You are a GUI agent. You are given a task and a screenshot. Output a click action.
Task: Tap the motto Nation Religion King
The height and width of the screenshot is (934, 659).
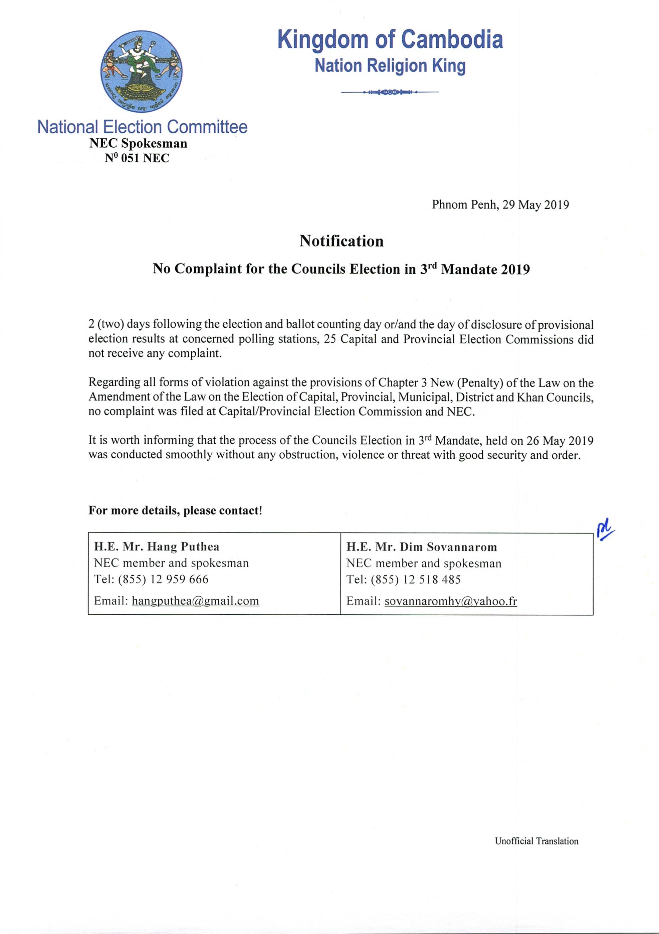tap(390, 66)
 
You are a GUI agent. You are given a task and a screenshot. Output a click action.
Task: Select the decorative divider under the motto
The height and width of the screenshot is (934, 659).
tap(390, 92)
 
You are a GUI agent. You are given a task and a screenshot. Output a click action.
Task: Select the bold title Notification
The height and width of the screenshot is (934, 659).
tap(341, 241)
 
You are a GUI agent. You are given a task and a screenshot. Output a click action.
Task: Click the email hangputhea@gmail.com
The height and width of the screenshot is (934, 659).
tap(195, 601)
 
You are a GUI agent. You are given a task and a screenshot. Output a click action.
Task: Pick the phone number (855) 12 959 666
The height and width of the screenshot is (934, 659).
tap(163, 579)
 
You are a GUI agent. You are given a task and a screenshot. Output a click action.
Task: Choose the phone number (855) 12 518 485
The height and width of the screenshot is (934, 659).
tap(416, 580)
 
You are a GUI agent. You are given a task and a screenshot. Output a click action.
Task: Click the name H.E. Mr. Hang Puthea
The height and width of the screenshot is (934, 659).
tap(157, 547)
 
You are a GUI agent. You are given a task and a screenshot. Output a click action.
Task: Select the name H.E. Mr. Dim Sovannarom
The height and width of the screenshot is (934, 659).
tap(422, 547)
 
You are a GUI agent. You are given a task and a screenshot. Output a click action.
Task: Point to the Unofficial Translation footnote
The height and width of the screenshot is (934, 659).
tap(536, 841)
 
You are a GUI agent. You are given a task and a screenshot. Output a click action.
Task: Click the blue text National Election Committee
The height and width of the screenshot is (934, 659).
tap(142, 127)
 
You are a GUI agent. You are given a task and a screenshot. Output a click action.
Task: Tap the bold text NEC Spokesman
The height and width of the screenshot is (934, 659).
tap(138, 144)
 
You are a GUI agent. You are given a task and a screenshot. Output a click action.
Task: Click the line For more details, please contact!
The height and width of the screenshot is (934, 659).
tap(175, 510)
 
